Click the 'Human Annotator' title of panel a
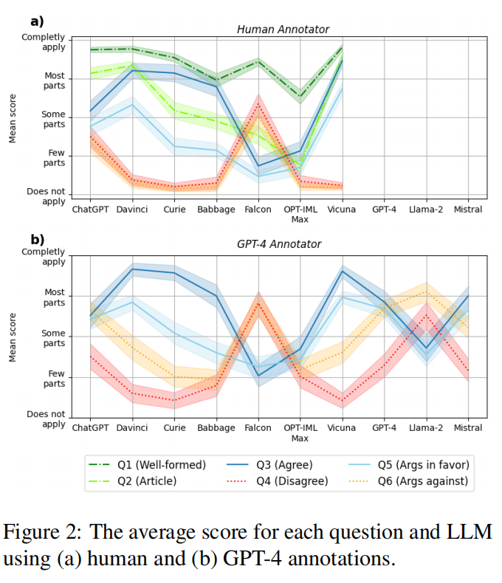(283, 30)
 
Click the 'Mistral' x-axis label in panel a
(467, 210)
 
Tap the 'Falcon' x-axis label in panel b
(258, 428)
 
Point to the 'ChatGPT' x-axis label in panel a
(90, 210)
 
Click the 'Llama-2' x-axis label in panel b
(426, 428)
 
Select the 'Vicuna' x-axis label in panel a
(342, 210)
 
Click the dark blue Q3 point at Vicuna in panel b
(342, 272)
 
